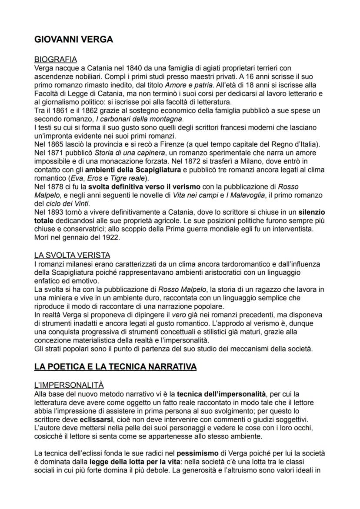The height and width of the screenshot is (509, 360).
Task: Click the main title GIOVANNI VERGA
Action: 73,40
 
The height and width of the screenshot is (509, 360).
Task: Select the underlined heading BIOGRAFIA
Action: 56,60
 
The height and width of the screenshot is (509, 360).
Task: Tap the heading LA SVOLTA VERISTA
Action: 72,255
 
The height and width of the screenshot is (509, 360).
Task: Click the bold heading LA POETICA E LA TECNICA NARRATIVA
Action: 115,367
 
